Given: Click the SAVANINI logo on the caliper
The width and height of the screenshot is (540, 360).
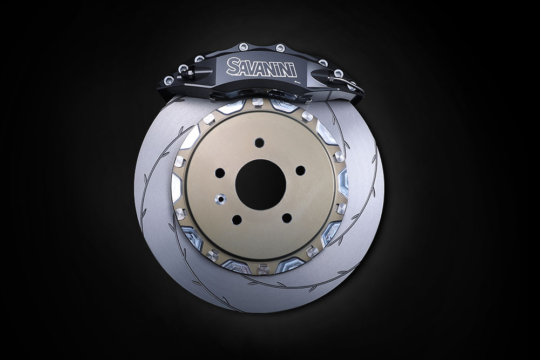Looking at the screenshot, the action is click(x=262, y=67).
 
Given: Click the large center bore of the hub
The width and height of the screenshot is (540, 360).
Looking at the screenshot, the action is click(x=261, y=184).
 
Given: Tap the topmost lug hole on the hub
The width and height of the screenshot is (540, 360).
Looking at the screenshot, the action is click(x=259, y=142).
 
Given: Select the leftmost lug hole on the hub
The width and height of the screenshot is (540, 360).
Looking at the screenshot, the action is click(x=220, y=172).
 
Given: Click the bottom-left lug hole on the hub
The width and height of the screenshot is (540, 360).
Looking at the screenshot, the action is click(x=237, y=219).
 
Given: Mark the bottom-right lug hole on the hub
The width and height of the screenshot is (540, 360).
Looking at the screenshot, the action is click(x=286, y=218).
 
